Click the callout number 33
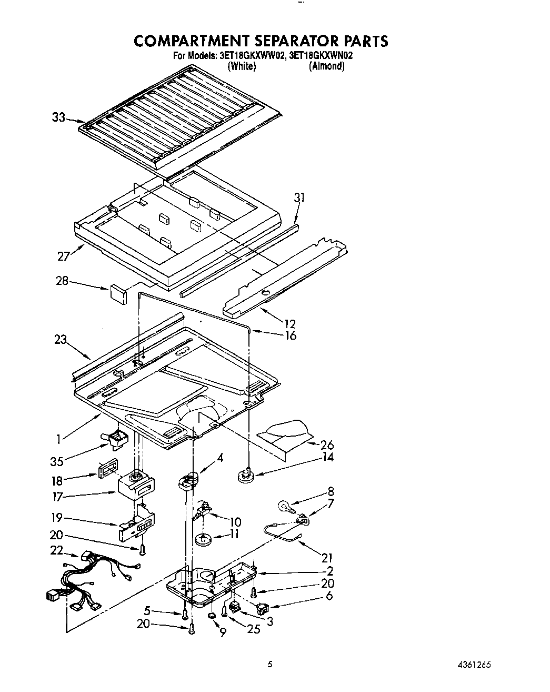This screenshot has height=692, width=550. pos(58,117)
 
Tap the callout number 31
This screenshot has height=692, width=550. pos(299,198)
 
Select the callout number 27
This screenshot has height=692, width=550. pos(64,256)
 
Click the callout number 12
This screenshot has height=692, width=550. pos(289,323)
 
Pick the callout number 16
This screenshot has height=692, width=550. pos(290,335)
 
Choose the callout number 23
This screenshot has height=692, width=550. pos(60,340)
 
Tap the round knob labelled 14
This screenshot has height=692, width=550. pos(245,476)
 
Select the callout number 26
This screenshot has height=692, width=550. pos(327,445)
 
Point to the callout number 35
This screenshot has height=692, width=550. pos(57,461)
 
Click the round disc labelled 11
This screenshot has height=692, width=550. pos(202,539)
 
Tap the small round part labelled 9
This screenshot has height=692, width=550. pos(212,616)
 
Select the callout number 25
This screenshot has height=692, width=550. pos(254,629)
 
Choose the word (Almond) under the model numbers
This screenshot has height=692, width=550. pos(326,66)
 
